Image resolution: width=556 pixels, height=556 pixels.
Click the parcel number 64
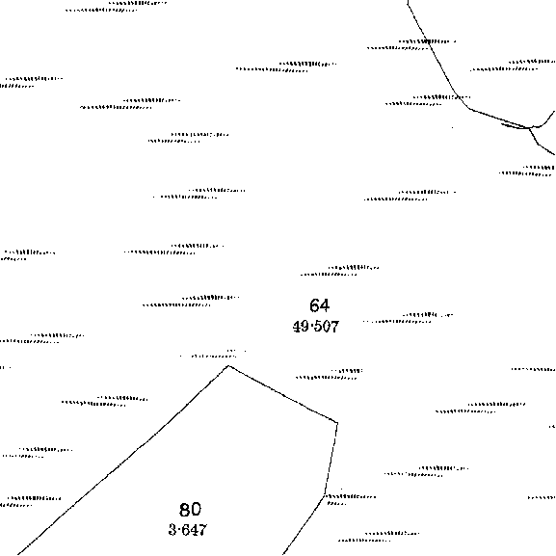coord(320,305)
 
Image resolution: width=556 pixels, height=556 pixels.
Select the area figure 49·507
coord(316,327)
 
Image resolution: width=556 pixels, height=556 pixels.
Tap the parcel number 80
coord(190,510)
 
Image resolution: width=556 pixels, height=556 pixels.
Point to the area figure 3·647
coord(187,530)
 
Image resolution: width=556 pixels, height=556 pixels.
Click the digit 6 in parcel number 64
coord(314,305)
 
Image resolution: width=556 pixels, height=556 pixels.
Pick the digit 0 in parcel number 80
coord(196,510)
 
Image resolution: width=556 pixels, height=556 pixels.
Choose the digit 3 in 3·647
coord(172,530)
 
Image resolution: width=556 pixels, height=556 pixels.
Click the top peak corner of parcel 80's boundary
coord(229,365)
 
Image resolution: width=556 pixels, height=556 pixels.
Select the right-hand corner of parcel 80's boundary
coord(337,423)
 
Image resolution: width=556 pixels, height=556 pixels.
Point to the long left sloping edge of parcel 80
coord(123,460)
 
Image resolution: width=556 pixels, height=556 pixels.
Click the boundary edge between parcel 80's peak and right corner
coord(283,394)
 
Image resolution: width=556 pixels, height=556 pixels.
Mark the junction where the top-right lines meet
coord(529,127)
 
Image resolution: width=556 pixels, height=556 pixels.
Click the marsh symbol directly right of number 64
coord(408,318)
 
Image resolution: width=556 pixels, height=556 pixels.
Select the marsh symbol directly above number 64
coord(339,271)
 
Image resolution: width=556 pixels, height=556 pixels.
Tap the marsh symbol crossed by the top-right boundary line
coord(411,44)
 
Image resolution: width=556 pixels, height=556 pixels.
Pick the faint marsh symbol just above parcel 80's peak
coord(213,354)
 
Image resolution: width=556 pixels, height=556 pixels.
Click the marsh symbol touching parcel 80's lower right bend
coord(351,499)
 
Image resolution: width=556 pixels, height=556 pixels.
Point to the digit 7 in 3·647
coord(201,530)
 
